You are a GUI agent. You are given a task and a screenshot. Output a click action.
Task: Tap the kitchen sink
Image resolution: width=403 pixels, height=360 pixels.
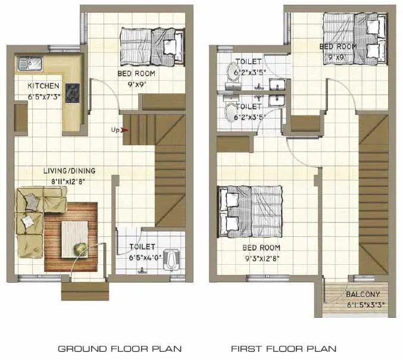coord(28,61)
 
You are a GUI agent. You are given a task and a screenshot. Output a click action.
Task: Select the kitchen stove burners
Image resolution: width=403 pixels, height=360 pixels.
coord(73,92)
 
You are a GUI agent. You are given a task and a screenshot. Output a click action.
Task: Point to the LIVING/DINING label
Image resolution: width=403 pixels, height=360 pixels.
coord(69,171)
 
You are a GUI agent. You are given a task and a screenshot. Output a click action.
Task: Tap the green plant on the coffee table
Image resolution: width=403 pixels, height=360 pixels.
coord(78,248)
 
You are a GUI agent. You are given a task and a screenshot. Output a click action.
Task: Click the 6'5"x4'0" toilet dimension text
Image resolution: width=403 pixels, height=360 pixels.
coord(143,258)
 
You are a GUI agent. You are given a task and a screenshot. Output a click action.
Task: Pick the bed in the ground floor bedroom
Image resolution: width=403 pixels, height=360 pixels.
coord(152,44)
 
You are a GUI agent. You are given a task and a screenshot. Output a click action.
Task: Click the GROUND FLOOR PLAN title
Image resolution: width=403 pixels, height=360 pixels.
coord(119,348)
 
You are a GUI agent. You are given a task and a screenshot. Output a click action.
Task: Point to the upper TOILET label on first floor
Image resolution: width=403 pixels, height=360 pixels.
coord(249,62)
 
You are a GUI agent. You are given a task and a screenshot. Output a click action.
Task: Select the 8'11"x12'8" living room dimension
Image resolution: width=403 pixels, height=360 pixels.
coord(69,181)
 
